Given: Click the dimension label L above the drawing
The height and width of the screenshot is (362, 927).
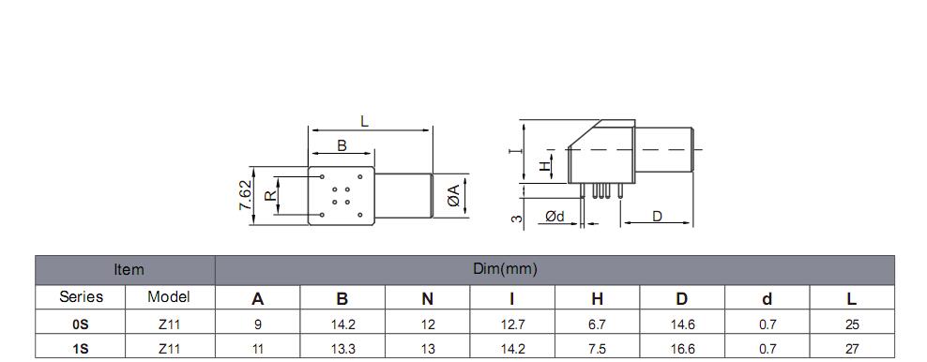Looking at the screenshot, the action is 365,122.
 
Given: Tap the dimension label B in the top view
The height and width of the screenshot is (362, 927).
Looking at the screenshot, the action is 342,145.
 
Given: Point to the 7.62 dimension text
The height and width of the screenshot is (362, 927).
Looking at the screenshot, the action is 245,195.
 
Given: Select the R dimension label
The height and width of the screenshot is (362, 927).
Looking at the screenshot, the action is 271,195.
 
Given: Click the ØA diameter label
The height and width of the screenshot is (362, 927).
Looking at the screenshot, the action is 453,195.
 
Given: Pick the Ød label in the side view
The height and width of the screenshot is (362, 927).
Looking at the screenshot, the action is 555,217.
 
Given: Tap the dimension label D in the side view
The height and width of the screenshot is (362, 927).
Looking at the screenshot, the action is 657,217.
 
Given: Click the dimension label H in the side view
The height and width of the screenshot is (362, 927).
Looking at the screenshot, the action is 544,167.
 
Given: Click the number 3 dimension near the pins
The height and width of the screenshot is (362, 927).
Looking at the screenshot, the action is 516,219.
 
